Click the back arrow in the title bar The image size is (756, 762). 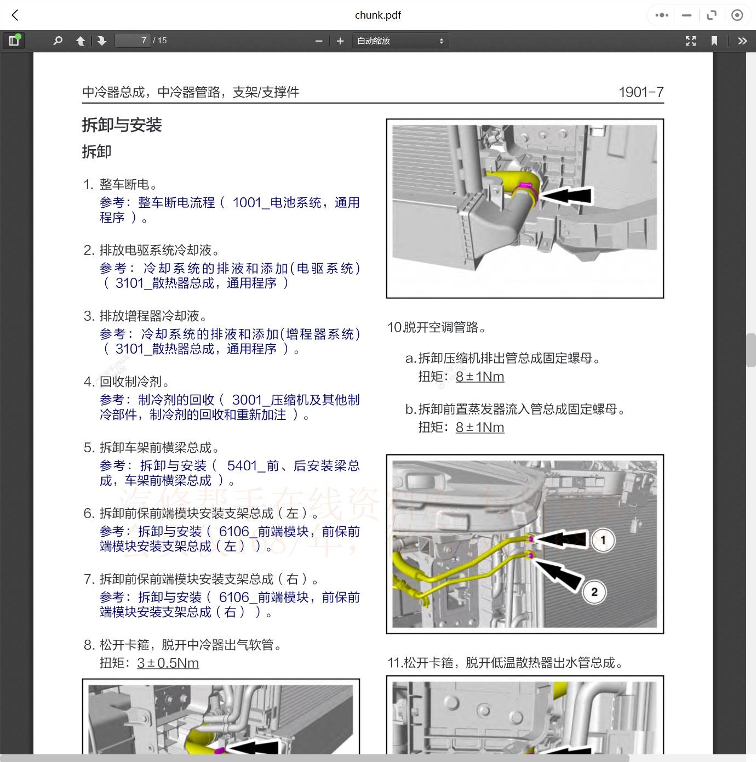tap(15, 15)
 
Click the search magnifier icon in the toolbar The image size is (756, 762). tap(58, 41)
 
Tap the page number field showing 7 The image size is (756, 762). tap(133, 41)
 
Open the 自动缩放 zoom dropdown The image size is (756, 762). tap(400, 41)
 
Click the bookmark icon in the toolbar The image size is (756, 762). tap(714, 41)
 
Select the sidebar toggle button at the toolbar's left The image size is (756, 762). tap(14, 41)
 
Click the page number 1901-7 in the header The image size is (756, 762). tap(640, 92)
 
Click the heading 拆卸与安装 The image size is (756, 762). tap(122, 125)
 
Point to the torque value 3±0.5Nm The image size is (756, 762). tap(168, 663)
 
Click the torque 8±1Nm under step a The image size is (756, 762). tap(479, 377)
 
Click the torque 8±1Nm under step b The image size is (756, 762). tap(479, 427)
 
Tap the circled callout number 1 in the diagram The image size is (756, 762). tap(603, 540)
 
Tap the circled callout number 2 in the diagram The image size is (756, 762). tap(594, 592)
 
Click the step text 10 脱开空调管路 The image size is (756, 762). tap(437, 327)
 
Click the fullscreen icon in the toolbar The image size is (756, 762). tap(691, 41)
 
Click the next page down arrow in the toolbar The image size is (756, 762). tap(102, 41)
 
